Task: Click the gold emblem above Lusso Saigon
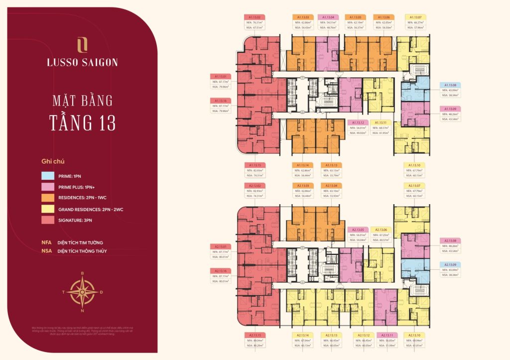(x=83, y=45)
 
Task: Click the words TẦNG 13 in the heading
(x=82, y=122)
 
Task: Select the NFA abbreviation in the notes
(x=47, y=242)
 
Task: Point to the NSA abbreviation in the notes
(x=47, y=251)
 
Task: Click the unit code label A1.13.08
(x=450, y=85)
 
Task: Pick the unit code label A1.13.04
(x=328, y=16)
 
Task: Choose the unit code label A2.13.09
(x=450, y=264)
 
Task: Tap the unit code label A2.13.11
(x=387, y=335)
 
